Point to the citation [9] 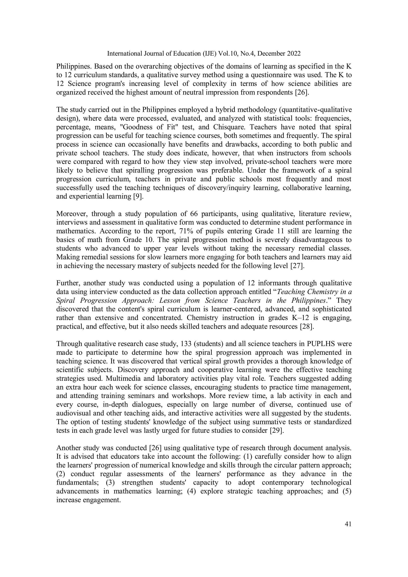138,196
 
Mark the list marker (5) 347,491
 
